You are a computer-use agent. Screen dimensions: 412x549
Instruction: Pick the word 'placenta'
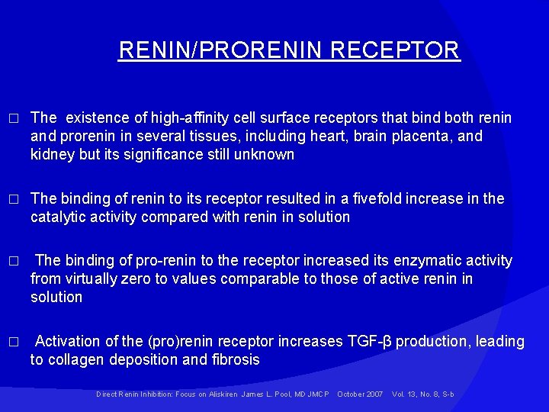(x=427, y=136)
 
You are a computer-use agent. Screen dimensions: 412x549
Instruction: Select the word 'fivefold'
(x=380, y=198)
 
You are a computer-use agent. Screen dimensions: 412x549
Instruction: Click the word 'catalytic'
(x=59, y=217)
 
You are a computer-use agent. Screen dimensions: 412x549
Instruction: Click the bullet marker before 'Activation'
(x=11, y=342)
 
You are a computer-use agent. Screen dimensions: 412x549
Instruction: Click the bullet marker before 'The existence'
(x=11, y=118)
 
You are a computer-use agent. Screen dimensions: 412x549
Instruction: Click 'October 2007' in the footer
(x=360, y=394)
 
